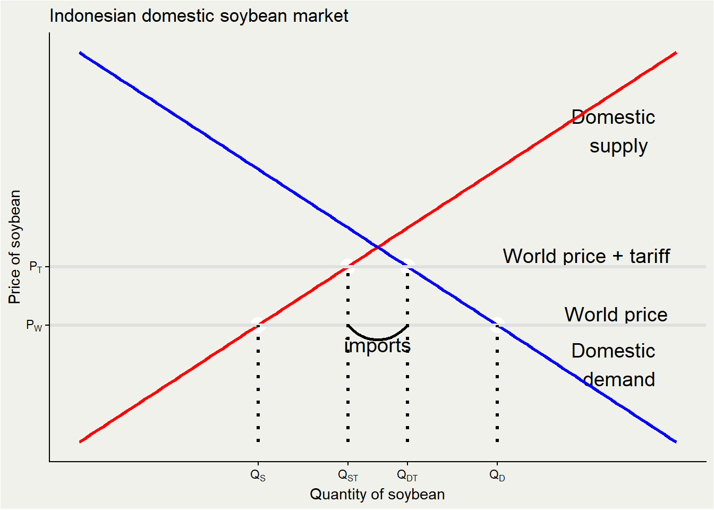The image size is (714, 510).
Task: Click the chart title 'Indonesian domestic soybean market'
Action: pos(199,16)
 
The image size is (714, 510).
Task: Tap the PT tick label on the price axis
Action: pos(36,267)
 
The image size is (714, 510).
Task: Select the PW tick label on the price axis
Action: pos(34,325)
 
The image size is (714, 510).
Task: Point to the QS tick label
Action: pos(258,475)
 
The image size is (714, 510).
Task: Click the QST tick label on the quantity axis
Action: pos(348,475)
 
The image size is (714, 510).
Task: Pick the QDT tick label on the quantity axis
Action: pos(407,475)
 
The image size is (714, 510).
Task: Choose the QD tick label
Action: pos(497,475)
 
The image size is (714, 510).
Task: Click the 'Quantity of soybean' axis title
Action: pos(377,494)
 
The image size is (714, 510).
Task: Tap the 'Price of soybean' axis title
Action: pos(15,247)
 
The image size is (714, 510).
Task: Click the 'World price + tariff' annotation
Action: pos(586,256)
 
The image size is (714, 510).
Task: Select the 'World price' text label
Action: pos(616,314)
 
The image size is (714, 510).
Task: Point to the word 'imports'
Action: pos(377,346)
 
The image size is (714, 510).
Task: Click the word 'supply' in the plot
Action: pos(618,146)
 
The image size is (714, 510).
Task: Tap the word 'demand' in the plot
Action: pos(619,379)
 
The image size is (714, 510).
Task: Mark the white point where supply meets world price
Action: pos(258,325)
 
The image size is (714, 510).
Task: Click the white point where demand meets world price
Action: pos(497,325)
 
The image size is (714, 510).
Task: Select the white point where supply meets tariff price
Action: pos(348,266)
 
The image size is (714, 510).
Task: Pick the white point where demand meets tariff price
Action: pos(407,266)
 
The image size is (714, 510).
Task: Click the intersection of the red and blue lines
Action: pos(378,247)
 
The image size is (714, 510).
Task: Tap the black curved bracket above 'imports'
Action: pos(378,338)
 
